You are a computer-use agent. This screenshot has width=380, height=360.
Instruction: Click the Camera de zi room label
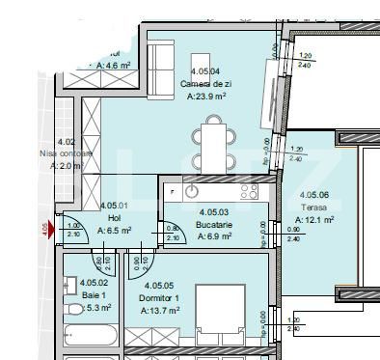coord(205,84)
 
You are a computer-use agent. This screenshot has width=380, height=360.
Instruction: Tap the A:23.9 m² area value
coord(205,97)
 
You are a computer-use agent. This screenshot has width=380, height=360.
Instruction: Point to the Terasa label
coord(313,208)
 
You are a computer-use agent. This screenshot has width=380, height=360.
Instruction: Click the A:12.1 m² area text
coord(314,220)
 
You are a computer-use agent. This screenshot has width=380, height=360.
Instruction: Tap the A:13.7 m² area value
coord(160,311)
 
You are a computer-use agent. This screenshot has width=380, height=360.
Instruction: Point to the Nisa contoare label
coord(66,152)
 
